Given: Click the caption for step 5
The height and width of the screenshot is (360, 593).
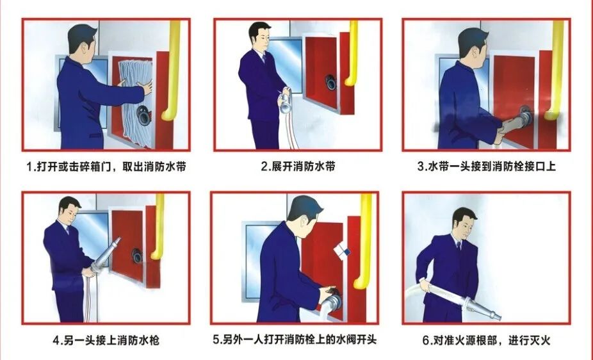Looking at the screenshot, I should [x=295, y=340].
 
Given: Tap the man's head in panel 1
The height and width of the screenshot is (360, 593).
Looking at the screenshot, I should [x=83, y=42].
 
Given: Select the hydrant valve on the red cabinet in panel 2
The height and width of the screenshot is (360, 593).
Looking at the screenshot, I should [x=330, y=81].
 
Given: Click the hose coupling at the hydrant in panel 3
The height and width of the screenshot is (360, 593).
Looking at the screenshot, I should [x=524, y=118].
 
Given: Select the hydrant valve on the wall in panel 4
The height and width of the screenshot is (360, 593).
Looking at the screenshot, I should [x=137, y=254].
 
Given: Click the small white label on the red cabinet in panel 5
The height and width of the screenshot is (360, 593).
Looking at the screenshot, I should [x=342, y=250].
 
